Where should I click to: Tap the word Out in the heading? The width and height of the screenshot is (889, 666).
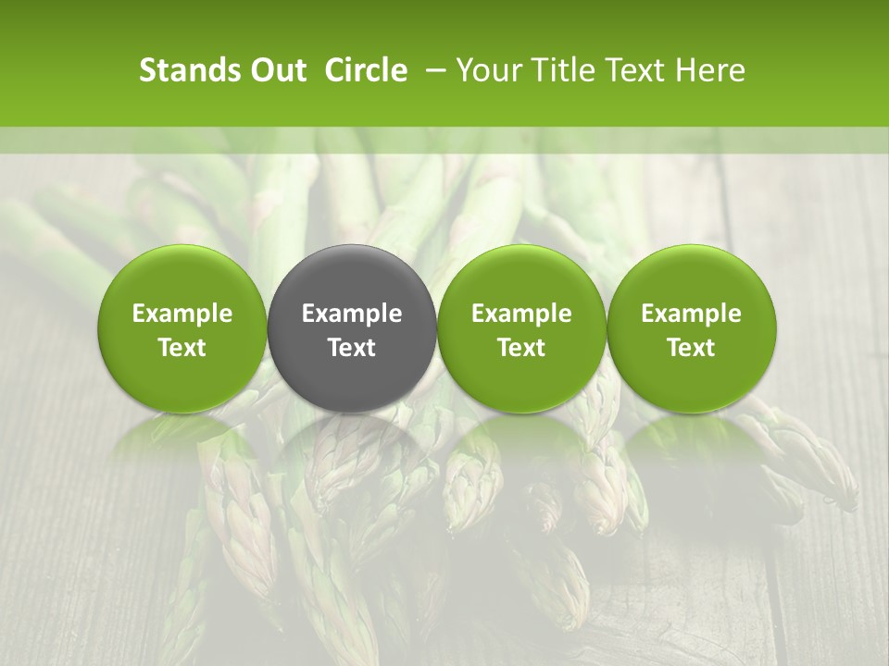(x=275, y=70)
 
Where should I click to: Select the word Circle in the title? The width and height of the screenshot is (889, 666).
(x=366, y=70)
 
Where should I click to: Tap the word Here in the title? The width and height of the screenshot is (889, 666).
(x=710, y=70)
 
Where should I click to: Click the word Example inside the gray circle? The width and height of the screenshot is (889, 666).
(x=352, y=314)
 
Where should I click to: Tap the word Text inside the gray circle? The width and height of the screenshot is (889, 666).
(x=352, y=348)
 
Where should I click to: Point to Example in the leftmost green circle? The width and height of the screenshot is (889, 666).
(x=182, y=314)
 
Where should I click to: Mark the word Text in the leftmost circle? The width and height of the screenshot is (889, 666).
(x=182, y=348)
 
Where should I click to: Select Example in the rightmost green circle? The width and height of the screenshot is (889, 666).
(x=692, y=314)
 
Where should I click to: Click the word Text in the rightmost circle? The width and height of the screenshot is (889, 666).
(x=692, y=348)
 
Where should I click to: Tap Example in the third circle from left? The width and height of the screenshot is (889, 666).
(x=521, y=314)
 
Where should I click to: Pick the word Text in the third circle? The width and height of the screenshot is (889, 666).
(x=521, y=348)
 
